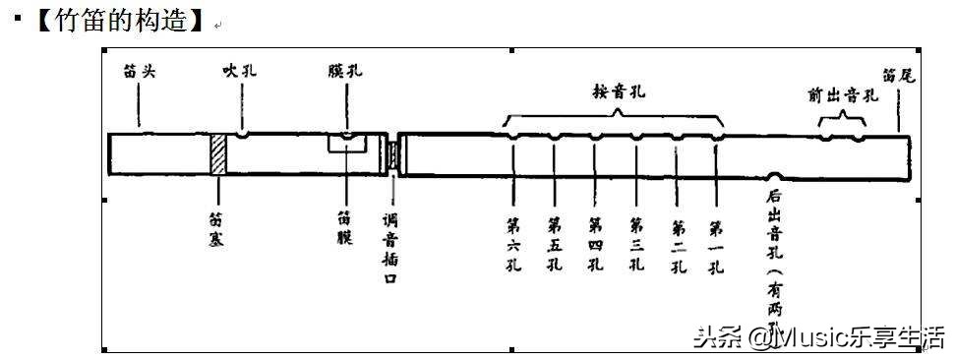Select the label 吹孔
pos(240,71)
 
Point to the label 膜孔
pos(345,71)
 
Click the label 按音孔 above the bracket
pos(612,90)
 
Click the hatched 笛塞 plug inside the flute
pos(218,154)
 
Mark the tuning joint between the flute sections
pos(393,155)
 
